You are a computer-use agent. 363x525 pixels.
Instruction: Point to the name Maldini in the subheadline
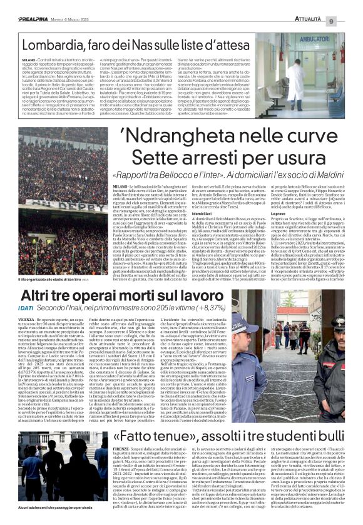[335, 173]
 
